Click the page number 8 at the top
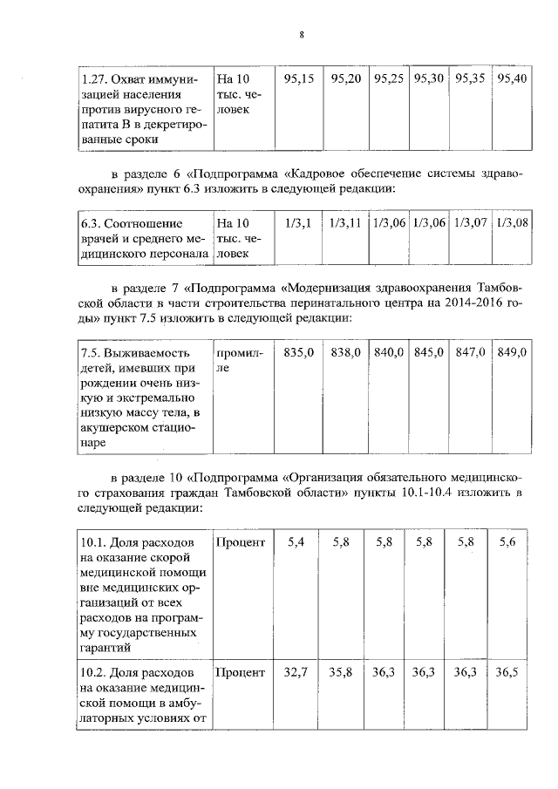tap(301, 35)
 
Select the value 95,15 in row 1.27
tap(299, 78)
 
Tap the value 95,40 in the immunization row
tap(511, 78)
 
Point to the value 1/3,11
tap(344, 223)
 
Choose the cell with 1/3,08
tap(512, 223)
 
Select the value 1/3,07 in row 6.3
tap(472, 223)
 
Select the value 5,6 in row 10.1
tap(507, 542)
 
